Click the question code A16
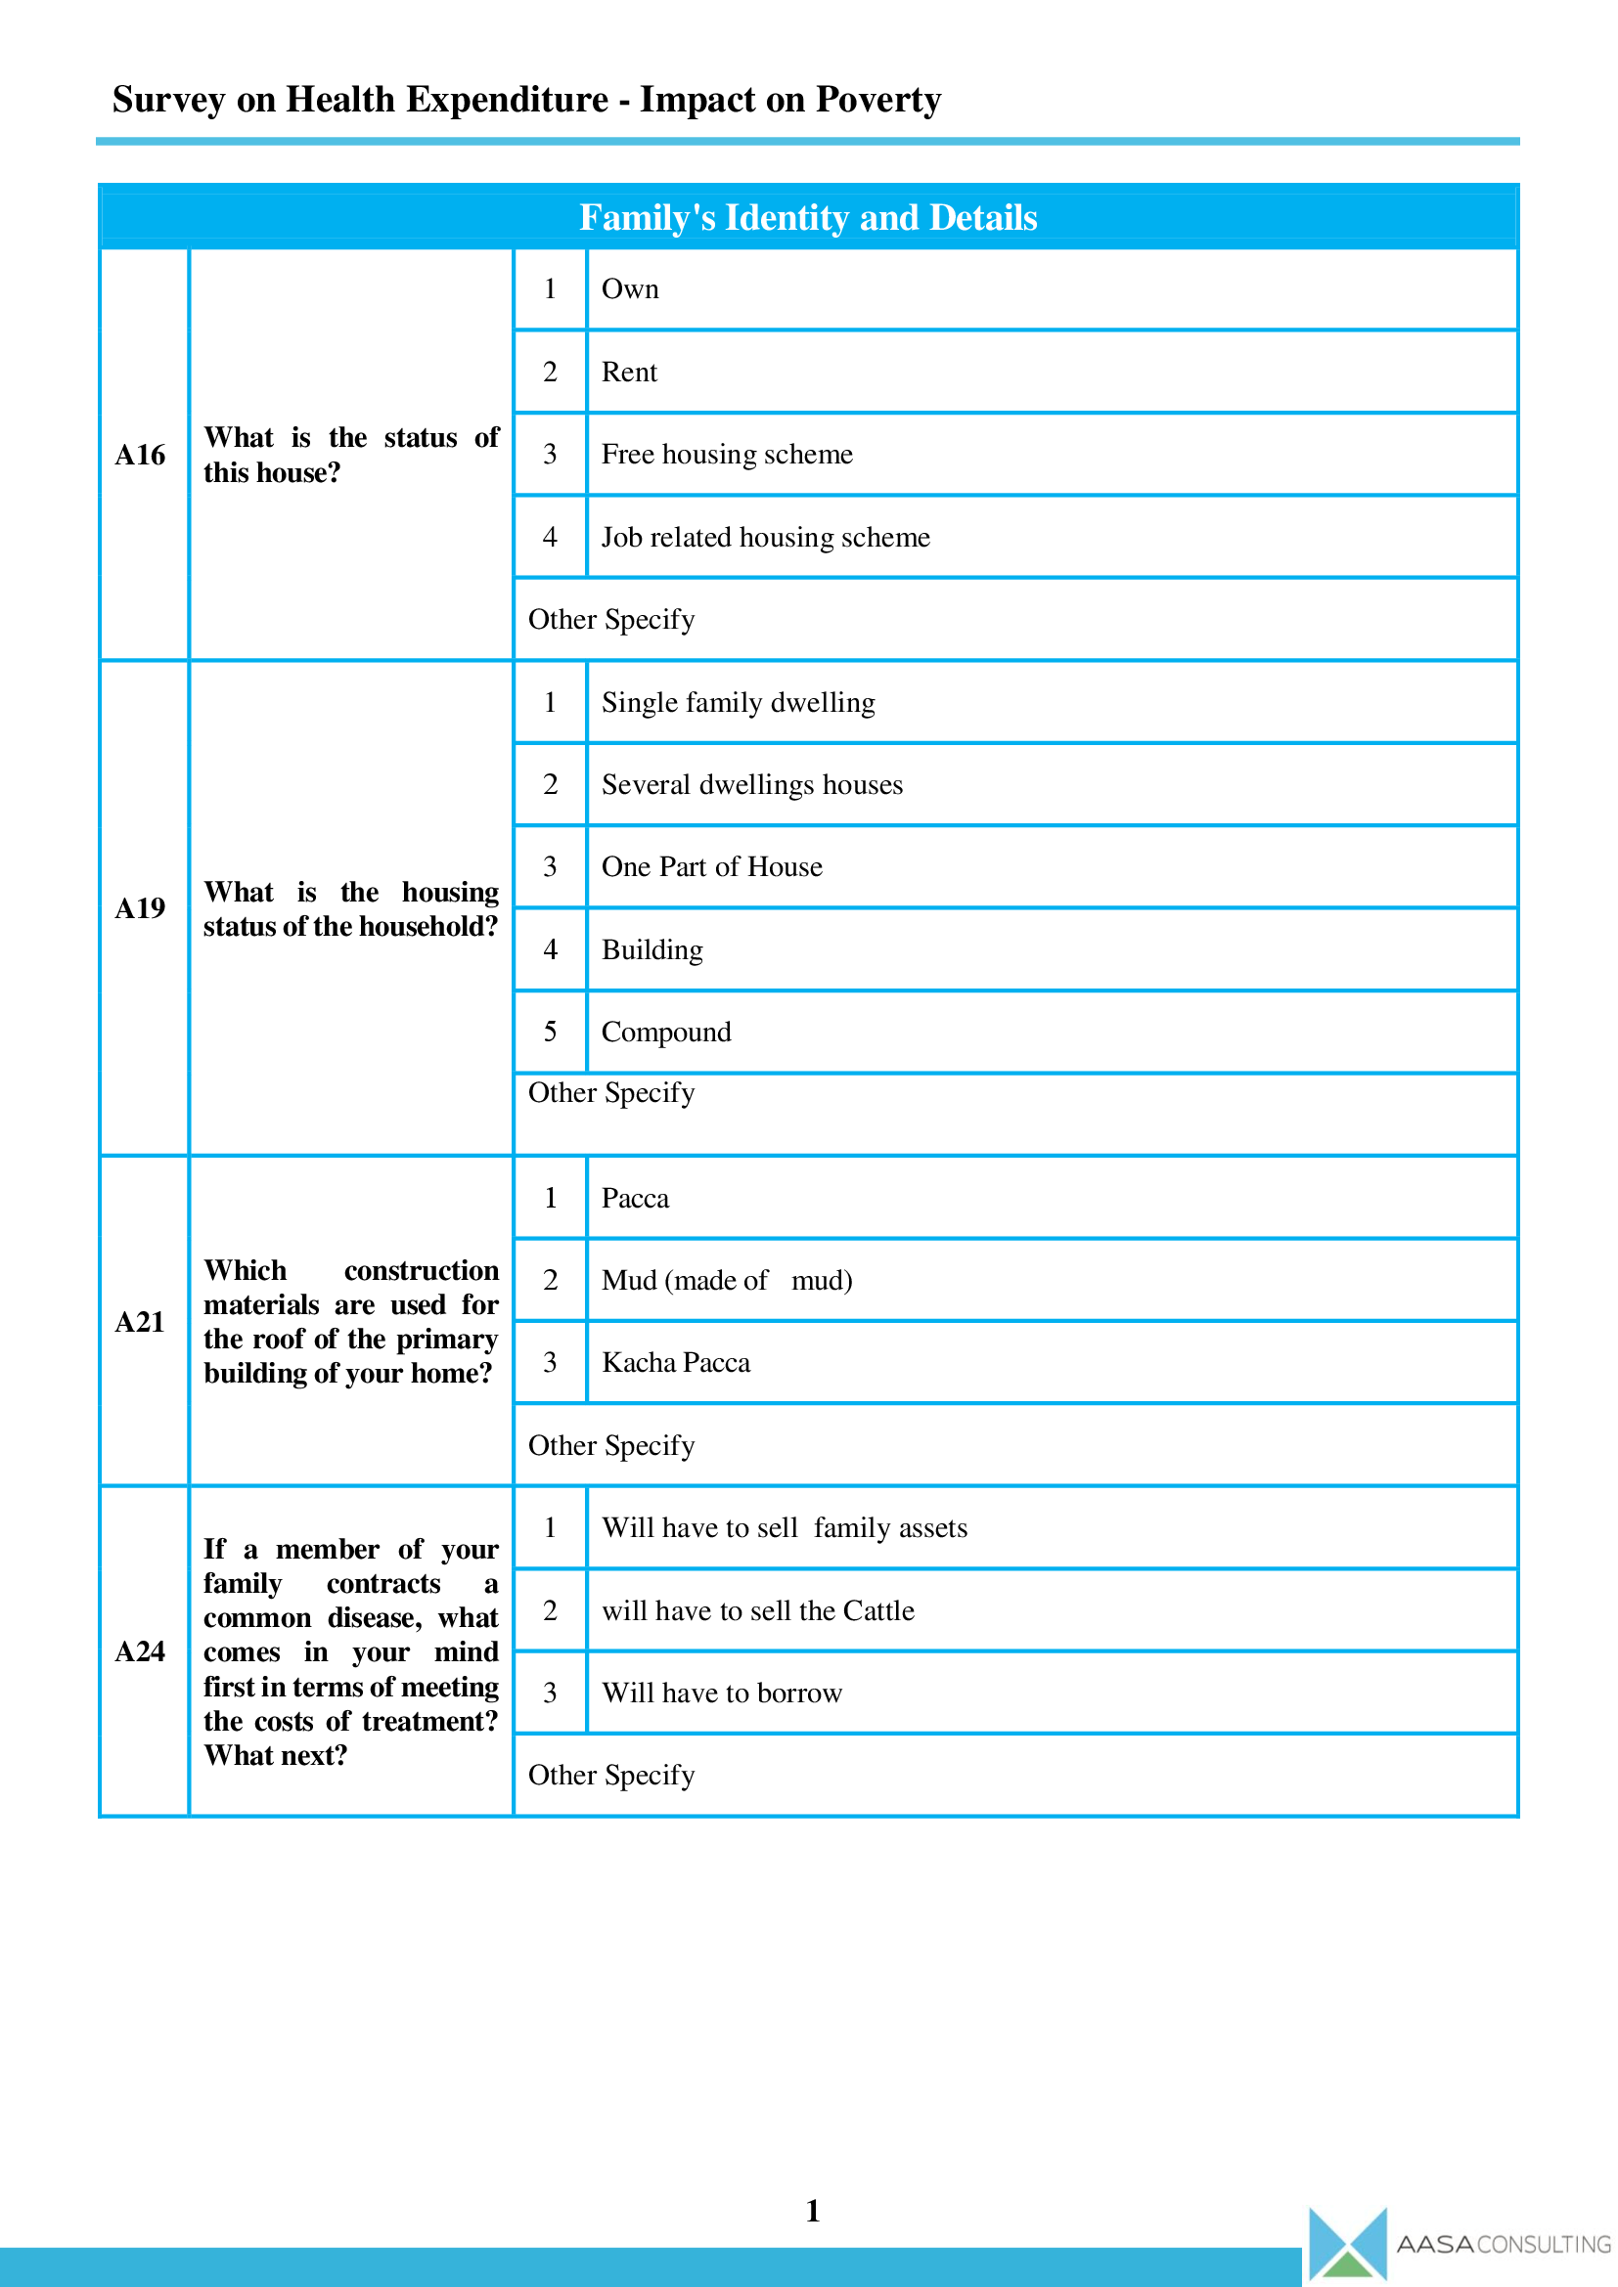(x=140, y=456)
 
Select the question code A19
(x=140, y=908)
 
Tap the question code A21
(x=140, y=1322)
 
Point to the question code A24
(x=140, y=1651)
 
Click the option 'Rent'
(x=629, y=373)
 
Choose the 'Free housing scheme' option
(x=726, y=456)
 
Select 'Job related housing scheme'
(x=765, y=538)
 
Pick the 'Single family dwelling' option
(x=738, y=703)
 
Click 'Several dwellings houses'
(x=751, y=785)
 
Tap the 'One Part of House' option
(x=711, y=867)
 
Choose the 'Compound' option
(x=665, y=1032)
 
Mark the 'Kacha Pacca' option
(x=676, y=1363)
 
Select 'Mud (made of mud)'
(x=726, y=1280)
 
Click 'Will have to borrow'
(x=721, y=1693)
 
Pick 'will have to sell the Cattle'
(x=757, y=1610)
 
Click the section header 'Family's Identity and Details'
(x=808, y=217)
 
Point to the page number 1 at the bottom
(x=812, y=2211)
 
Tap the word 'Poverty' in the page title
(x=877, y=100)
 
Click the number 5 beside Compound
(x=550, y=1032)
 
